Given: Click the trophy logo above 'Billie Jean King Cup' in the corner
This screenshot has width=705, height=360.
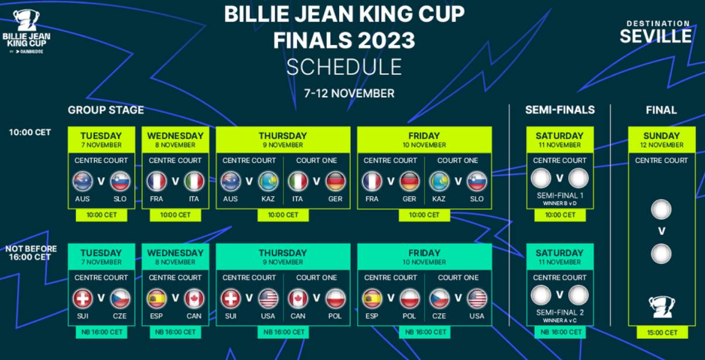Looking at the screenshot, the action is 26,20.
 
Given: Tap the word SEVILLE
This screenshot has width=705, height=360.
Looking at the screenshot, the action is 656,36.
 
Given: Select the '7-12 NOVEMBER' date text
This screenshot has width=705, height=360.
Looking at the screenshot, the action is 349,94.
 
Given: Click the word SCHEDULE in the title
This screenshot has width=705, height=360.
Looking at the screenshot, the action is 344,67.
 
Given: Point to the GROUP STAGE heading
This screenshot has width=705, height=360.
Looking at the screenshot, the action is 106,110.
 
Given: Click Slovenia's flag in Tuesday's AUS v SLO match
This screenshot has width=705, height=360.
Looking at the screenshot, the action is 120,181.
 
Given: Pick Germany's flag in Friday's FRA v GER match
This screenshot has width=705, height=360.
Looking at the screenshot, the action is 409,181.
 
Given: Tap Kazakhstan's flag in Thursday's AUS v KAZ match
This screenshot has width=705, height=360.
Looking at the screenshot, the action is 268,181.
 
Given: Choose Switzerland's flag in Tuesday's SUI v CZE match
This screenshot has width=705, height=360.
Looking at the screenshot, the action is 83,299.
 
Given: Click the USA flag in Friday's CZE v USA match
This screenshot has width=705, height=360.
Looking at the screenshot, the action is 477,299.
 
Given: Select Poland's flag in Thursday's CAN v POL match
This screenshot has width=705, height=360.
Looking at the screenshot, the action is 335,299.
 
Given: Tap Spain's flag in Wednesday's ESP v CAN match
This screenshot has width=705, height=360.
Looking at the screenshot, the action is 156,299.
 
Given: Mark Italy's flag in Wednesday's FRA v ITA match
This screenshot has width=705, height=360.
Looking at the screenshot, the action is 194,181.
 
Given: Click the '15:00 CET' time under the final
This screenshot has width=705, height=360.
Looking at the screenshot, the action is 662,332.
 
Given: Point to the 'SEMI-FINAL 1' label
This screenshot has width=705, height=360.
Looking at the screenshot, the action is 560,196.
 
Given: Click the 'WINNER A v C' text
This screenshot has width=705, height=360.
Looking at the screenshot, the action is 560,320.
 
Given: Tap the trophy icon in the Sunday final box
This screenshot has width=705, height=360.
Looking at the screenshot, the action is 661,307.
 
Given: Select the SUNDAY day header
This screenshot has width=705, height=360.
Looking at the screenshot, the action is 662,136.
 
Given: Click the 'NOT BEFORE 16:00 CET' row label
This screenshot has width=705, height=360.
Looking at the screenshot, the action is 31,253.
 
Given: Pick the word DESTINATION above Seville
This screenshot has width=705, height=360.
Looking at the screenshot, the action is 658,23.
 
